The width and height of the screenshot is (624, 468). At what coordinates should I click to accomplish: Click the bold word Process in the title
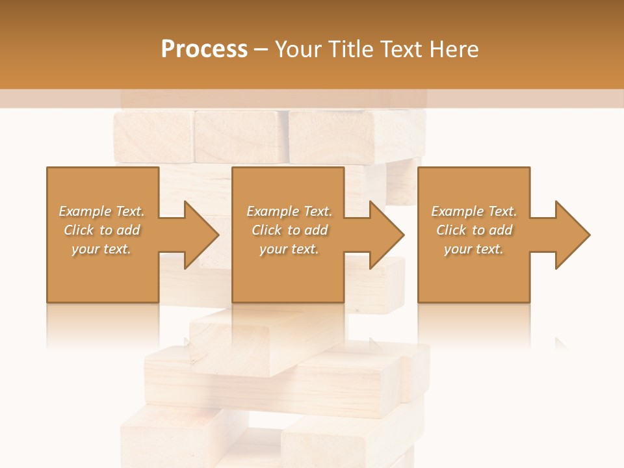(x=204, y=49)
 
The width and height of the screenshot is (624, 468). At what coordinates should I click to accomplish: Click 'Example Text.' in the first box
(x=101, y=211)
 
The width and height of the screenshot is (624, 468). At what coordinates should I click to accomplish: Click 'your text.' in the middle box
(x=289, y=249)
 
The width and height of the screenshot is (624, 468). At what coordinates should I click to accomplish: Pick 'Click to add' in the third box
(x=474, y=230)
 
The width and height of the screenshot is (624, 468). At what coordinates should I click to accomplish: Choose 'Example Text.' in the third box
(x=474, y=211)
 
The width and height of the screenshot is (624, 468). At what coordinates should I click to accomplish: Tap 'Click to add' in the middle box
(x=289, y=230)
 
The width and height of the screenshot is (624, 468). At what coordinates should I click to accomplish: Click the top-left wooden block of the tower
(x=153, y=136)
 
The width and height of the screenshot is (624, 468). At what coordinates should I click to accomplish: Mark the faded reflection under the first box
(x=103, y=325)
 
